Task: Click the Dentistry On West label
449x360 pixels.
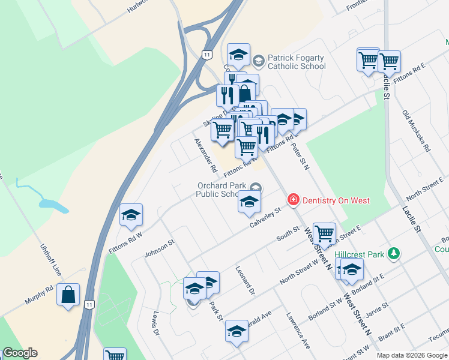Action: (x=336, y=200)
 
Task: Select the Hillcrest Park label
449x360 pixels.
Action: (x=359, y=254)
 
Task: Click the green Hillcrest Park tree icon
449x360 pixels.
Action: (x=393, y=254)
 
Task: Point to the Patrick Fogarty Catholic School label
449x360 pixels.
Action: (x=296, y=62)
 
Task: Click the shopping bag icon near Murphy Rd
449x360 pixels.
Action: (x=68, y=295)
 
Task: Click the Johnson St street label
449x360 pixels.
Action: (x=158, y=248)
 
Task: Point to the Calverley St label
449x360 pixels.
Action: (x=265, y=218)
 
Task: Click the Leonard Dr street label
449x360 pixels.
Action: (x=246, y=281)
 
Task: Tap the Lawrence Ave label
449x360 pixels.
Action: (x=298, y=331)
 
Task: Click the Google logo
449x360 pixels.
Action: (x=20, y=353)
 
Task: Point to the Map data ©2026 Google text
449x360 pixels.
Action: (x=412, y=355)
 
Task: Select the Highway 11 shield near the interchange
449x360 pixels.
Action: (x=206, y=54)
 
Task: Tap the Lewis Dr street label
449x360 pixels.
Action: (x=155, y=323)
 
